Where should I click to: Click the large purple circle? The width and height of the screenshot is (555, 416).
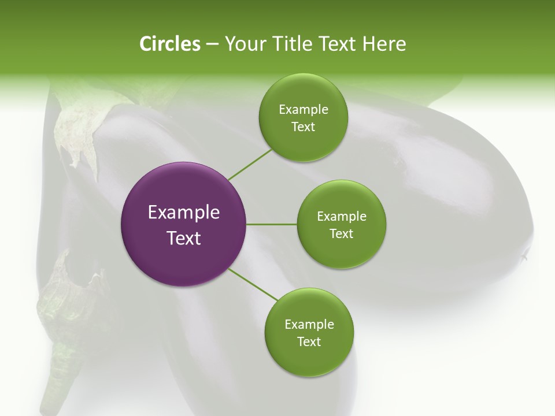click(x=183, y=224)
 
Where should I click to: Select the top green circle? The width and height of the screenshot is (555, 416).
click(x=303, y=117)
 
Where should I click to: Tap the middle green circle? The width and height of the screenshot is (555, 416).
click(x=341, y=224)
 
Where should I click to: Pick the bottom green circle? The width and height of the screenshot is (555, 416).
click(x=309, y=332)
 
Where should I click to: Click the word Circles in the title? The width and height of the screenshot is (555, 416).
click(x=170, y=44)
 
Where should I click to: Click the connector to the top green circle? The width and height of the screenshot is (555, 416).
click(x=250, y=164)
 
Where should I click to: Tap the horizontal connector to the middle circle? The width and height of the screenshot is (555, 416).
click(x=271, y=224)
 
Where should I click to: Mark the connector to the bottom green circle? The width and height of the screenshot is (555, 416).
click(x=253, y=284)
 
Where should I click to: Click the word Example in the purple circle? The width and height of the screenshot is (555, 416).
click(x=183, y=213)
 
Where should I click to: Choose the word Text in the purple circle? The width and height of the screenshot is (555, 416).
click(x=183, y=238)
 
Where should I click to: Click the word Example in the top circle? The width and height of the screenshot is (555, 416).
click(x=303, y=110)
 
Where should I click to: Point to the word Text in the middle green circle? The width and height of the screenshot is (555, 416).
click(x=341, y=233)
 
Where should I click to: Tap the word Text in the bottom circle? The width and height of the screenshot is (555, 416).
click(x=309, y=341)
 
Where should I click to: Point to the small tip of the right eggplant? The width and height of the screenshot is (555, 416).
click(x=525, y=255)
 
